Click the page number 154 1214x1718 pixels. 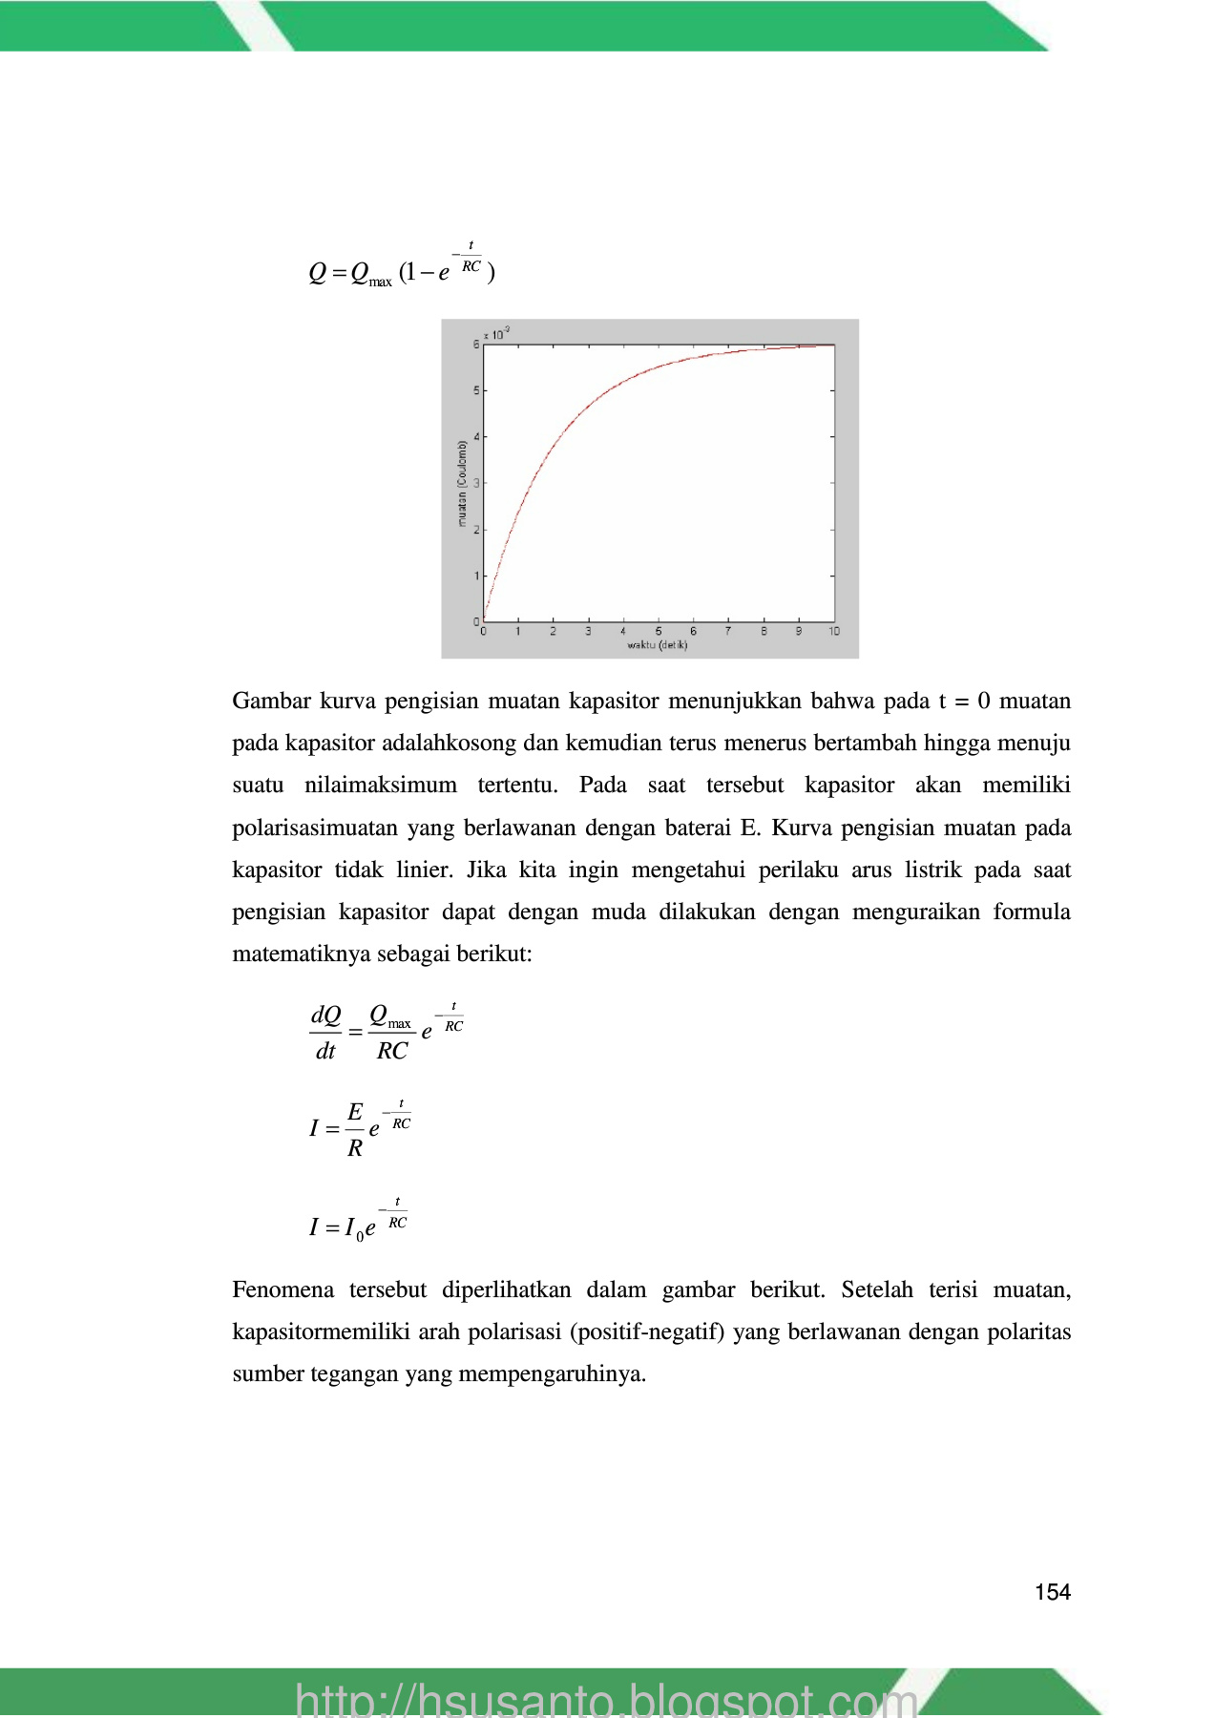(x=1052, y=1591)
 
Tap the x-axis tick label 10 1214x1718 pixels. (x=834, y=632)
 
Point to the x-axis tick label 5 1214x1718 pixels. (x=658, y=632)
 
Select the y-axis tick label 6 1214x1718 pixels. (x=476, y=345)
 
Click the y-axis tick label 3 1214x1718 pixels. (x=476, y=483)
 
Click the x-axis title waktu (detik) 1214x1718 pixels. (x=657, y=645)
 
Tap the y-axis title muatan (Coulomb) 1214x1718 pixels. (x=463, y=483)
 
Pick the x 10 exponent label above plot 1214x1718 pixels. (x=496, y=334)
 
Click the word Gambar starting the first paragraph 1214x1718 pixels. (x=272, y=701)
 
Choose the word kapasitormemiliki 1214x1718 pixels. (x=321, y=1331)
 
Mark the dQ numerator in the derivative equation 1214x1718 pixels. (x=325, y=1015)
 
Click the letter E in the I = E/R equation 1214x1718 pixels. (x=355, y=1112)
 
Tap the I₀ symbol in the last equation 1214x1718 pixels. (x=353, y=1228)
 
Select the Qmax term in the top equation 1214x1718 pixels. (x=370, y=274)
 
